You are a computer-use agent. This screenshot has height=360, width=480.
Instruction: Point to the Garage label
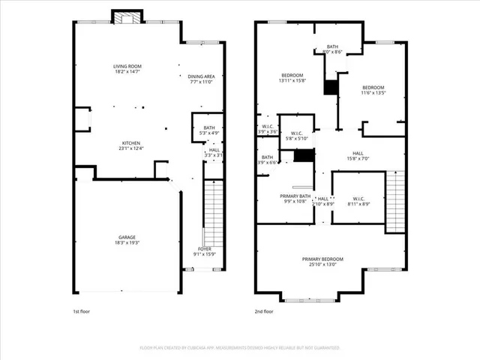tap(126, 240)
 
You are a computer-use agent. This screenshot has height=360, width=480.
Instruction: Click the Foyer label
tap(205, 251)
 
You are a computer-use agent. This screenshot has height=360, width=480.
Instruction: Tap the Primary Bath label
tap(293, 198)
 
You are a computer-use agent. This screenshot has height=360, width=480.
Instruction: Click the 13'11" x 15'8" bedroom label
tap(292, 78)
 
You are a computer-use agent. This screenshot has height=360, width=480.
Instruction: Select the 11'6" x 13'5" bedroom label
tap(373, 90)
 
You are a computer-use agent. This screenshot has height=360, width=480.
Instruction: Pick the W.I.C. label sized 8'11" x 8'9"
tap(358, 201)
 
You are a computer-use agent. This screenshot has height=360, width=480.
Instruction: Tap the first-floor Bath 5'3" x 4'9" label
tap(209, 130)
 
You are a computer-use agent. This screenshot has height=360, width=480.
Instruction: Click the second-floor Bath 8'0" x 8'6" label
tap(332, 49)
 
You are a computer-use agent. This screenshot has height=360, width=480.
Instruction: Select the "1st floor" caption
tap(81, 310)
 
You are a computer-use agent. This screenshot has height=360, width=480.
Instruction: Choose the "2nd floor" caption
tap(264, 310)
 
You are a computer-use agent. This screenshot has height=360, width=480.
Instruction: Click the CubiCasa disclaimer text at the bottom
tap(240, 348)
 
